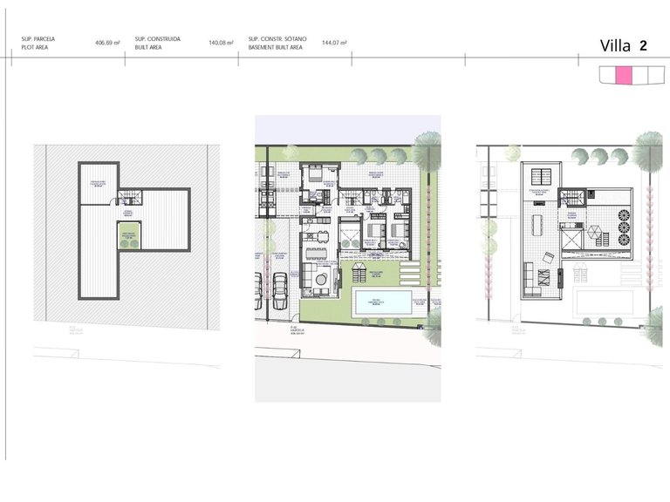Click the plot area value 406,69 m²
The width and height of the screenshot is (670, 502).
107,42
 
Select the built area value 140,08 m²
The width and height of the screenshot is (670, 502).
222,42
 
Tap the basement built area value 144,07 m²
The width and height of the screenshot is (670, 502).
334,42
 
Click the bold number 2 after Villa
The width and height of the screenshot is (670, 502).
643,45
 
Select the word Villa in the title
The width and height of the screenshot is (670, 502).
616,46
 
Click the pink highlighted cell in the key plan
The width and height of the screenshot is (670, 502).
623,77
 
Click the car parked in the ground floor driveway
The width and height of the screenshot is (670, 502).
280,290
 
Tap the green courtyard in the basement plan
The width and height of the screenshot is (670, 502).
128,234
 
